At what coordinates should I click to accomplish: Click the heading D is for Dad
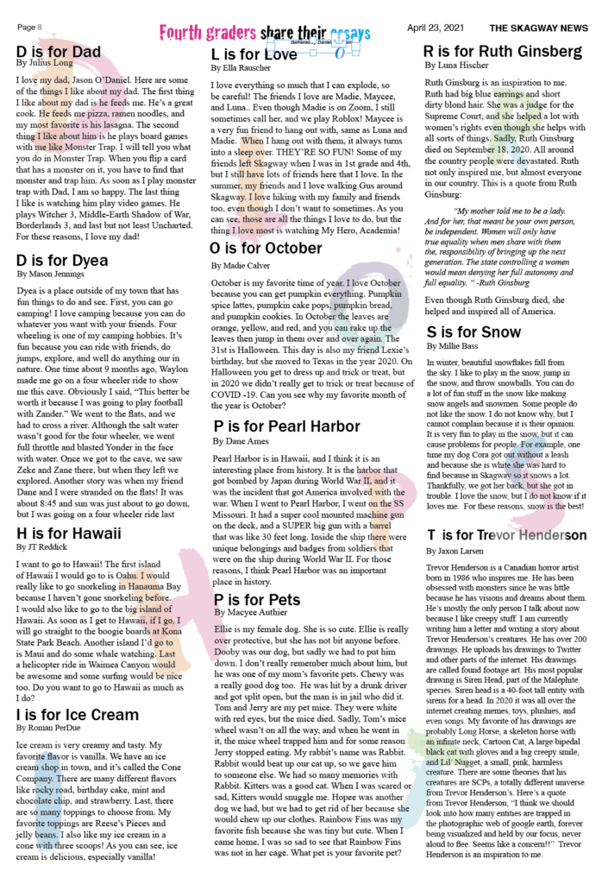click(59, 52)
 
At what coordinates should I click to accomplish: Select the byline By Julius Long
click(44, 64)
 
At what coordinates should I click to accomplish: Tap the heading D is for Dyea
click(62, 236)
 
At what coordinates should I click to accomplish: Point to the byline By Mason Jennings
click(51, 249)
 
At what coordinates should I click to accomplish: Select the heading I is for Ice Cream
click(77, 715)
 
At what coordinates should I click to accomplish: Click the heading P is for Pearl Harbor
click(286, 426)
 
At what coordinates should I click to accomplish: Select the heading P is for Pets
click(257, 599)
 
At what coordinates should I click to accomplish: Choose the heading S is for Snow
click(473, 332)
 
